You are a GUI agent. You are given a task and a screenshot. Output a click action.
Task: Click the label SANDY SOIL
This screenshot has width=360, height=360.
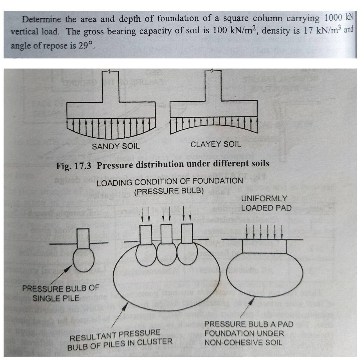pos(116,146)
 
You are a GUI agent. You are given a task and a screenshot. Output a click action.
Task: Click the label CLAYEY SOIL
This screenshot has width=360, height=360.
pos(216,144)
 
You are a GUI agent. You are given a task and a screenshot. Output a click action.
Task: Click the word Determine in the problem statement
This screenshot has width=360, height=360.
pos(41,19)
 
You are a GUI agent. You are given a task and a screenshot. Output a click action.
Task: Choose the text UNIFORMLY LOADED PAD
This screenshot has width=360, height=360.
pos(266,203)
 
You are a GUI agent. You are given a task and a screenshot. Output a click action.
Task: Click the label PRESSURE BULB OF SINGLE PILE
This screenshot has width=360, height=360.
pos(60,293)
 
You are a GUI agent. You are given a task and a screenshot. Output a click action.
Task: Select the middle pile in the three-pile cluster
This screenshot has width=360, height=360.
pos(166,234)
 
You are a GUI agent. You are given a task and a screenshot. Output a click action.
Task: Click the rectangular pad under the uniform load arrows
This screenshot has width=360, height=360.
pos(264,246)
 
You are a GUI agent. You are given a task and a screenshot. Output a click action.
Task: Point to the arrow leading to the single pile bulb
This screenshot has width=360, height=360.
pos(61,275)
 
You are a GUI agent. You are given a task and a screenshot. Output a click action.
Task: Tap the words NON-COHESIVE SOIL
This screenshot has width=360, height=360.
pos(243,343)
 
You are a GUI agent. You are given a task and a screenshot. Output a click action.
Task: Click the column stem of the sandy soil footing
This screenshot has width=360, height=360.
pos(110,86)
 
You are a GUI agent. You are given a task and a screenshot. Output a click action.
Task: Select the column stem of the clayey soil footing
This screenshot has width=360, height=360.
pos(213,86)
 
